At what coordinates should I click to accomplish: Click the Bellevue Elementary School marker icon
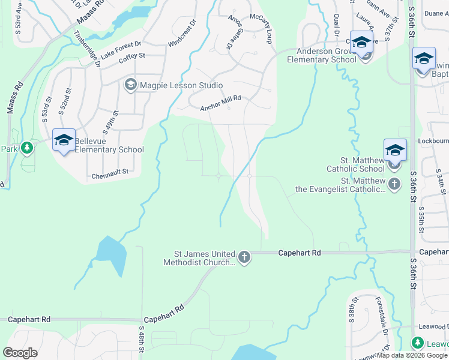point(64,140)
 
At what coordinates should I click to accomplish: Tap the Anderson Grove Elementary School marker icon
point(361,43)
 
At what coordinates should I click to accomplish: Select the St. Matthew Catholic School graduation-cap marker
point(394,150)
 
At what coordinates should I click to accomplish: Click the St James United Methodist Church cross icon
point(244,257)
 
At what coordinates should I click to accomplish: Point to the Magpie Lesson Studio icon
point(130,86)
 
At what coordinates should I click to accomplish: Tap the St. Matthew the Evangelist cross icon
point(394,184)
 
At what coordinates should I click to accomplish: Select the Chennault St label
point(110,176)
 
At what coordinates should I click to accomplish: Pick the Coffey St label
point(132,56)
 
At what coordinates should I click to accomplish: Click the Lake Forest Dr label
point(121,49)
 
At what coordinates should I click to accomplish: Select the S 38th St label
point(353,307)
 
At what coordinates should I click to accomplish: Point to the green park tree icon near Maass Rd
point(26,148)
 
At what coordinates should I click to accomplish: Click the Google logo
point(20,353)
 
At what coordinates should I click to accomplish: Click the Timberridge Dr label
point(89,55)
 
